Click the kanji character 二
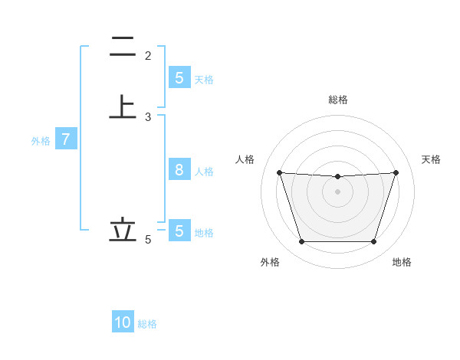(123, 47)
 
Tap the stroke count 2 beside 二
(148, 55)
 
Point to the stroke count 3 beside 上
(148, 117)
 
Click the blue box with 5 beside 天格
(179, 77)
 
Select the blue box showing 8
(179, 170)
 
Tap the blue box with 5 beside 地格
(179, 231)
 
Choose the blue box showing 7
(66, 139)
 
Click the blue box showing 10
(123, 322)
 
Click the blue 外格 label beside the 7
(41, 141)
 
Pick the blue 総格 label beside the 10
(148, 324)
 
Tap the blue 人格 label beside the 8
(205, 172)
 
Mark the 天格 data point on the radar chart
(396, 172)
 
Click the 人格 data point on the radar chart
(279, 172)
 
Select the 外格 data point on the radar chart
(301, 242)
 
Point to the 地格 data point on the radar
(373, 242)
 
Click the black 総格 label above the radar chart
(337, 100)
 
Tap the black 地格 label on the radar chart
(402, 262)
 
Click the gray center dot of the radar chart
(337, 191)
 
